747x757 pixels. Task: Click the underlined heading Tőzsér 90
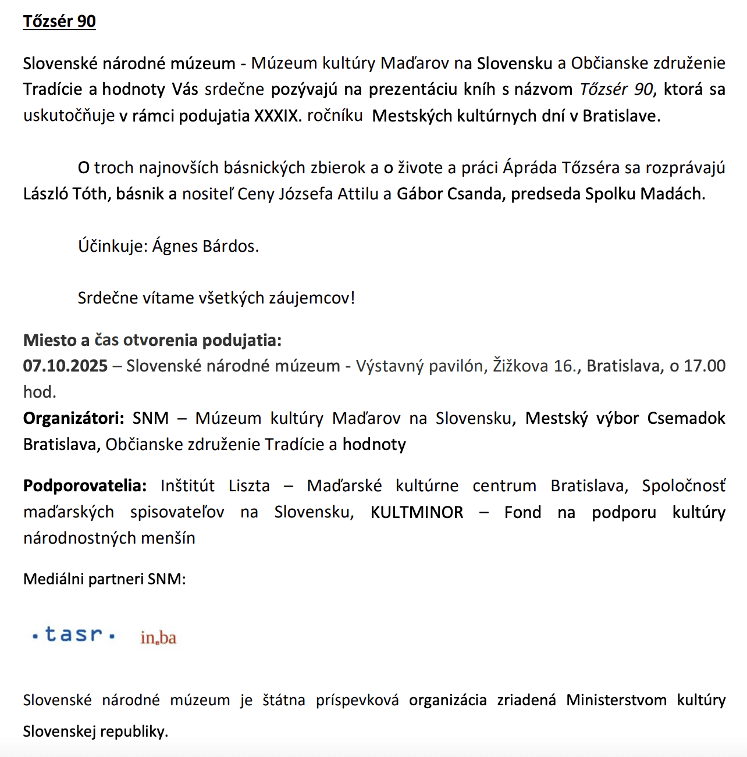59,22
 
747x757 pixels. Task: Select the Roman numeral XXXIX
275,116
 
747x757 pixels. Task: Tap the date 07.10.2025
65,366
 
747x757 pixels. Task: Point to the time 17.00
705,366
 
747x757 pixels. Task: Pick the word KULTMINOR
417,512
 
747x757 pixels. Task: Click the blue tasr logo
74,634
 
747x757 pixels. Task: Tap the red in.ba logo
158,638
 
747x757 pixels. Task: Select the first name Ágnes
175,246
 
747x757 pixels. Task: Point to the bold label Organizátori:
73,418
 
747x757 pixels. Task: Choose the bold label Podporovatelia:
85,485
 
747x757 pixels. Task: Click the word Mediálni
54,579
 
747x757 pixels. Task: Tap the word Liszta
249,485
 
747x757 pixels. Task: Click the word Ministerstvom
616,700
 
